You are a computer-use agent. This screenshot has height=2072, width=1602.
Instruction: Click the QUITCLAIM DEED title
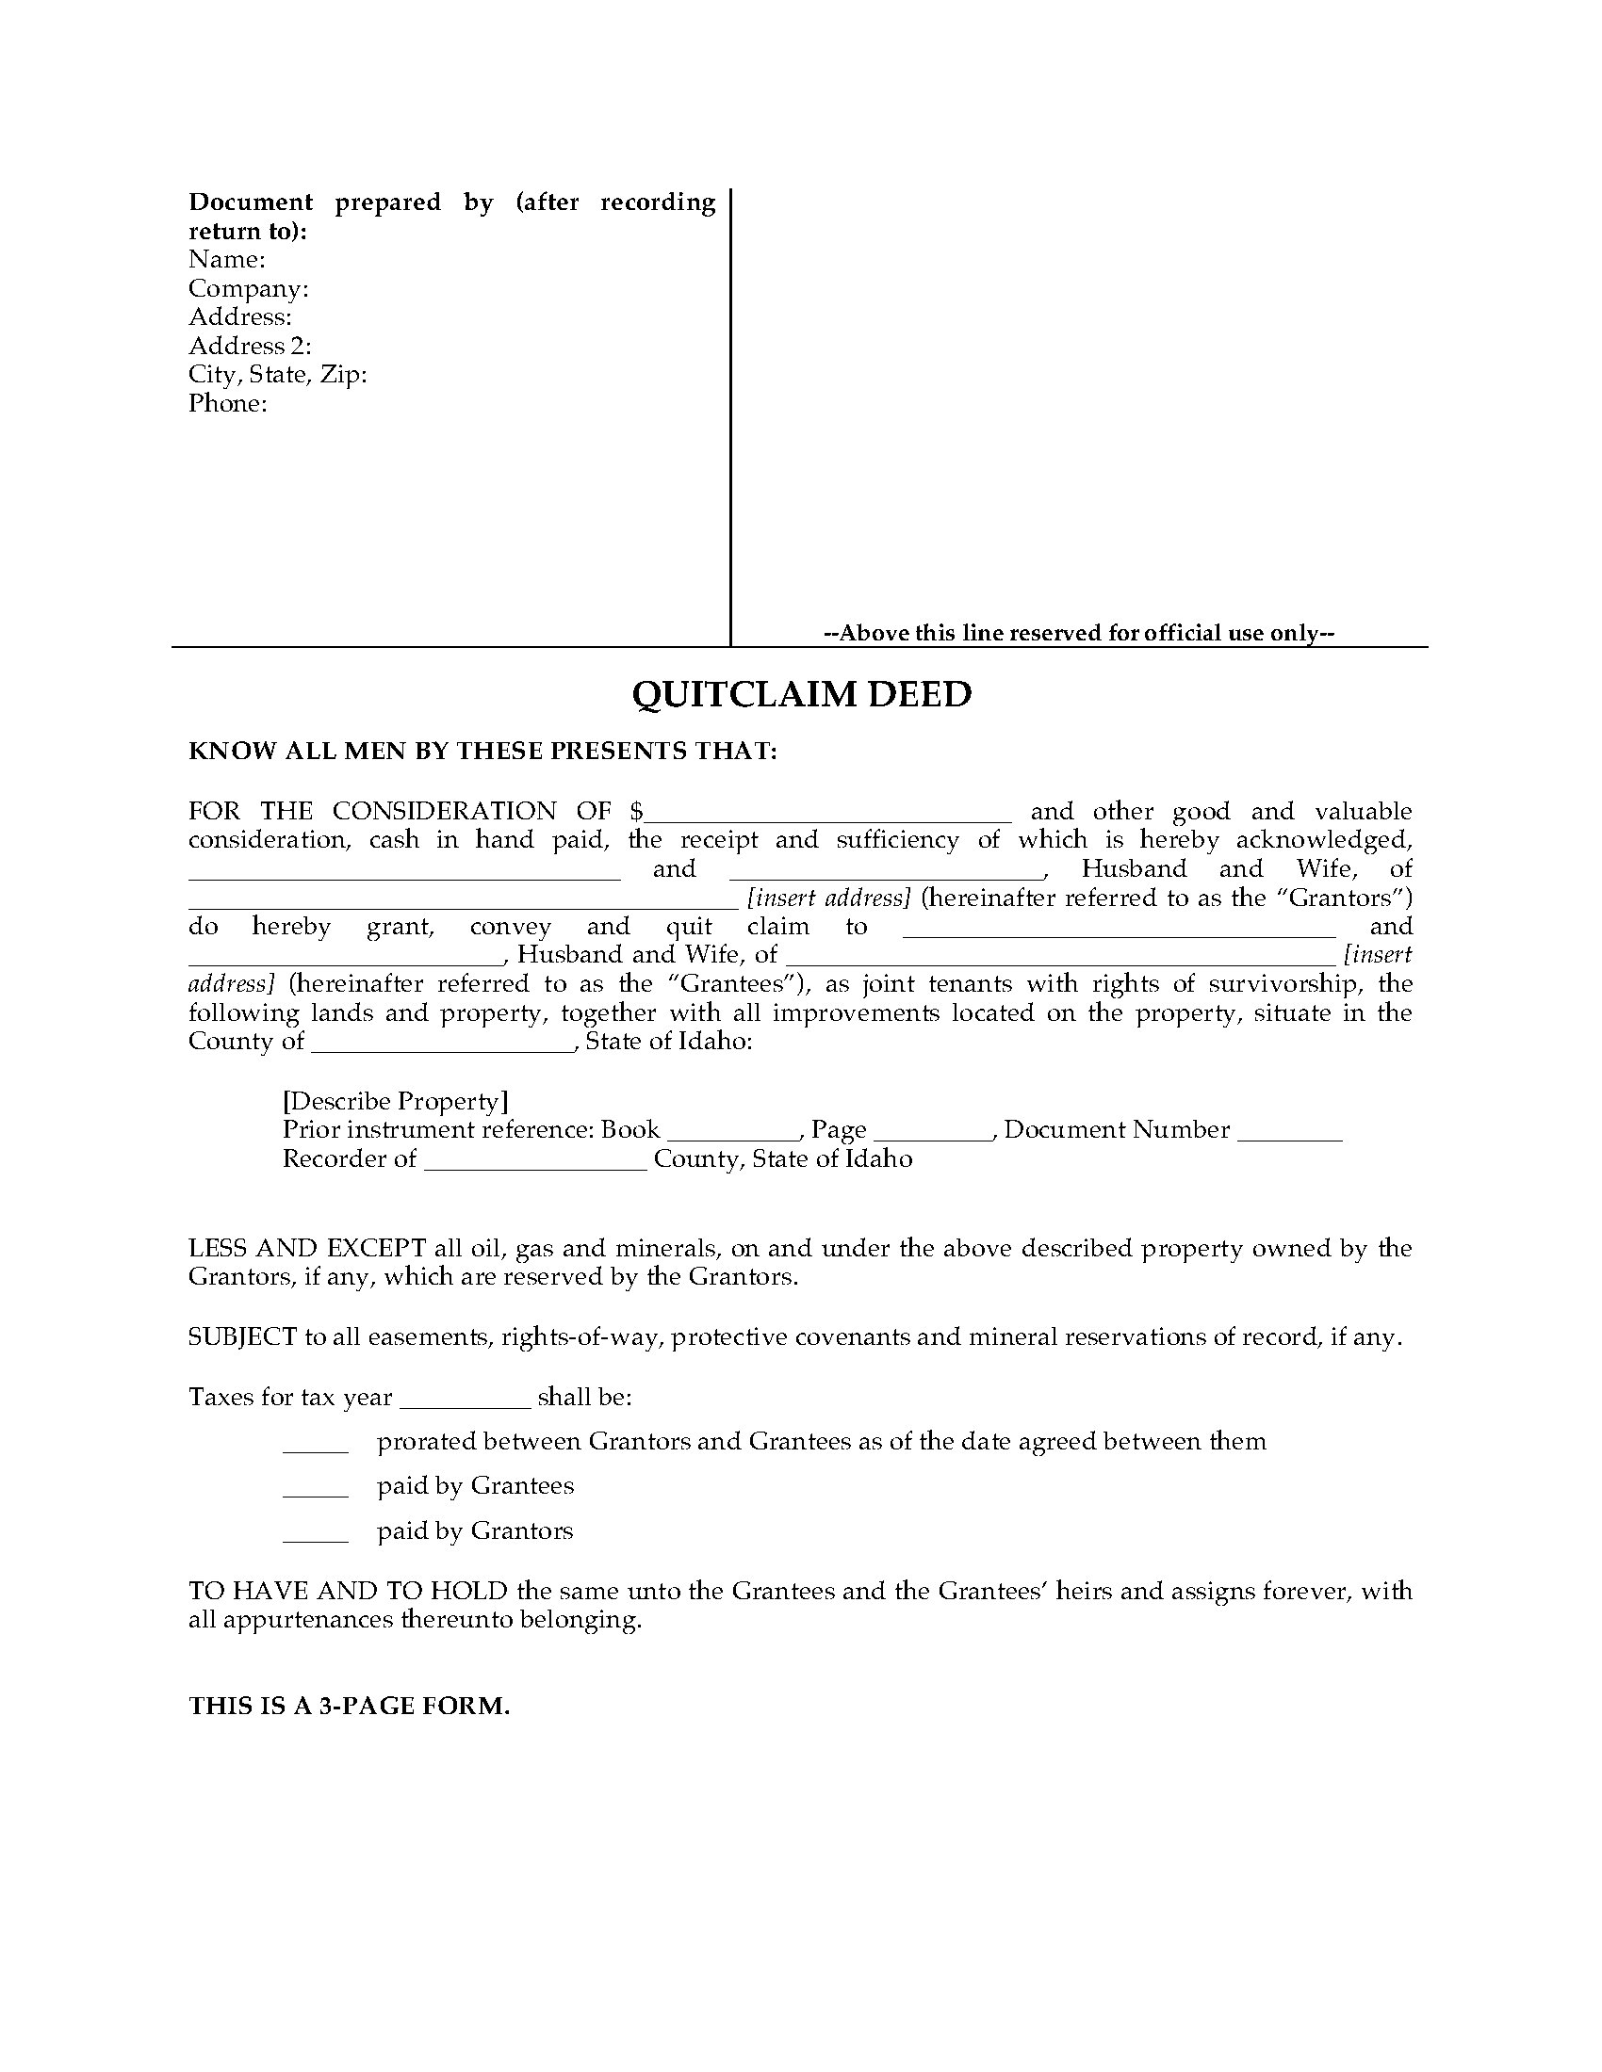click(x=802, y=694)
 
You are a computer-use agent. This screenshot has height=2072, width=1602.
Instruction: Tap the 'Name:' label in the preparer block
click(x=227, y=259)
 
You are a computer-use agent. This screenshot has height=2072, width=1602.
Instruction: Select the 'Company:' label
click(x=249, y=288)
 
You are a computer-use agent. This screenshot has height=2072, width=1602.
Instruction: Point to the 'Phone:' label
click(x=228, y=403)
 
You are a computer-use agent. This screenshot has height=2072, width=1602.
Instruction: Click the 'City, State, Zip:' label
click(x=277, y=375)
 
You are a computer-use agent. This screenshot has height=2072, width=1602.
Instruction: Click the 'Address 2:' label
click(x=250, y=346)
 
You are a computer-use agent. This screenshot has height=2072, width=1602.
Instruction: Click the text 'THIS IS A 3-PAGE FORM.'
click(x=350, y=1707)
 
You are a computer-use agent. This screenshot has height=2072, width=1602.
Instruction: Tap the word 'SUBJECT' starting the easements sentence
click(x=242, y=1337)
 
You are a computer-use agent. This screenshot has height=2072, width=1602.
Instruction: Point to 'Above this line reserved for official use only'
click(x=1079, y=633)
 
